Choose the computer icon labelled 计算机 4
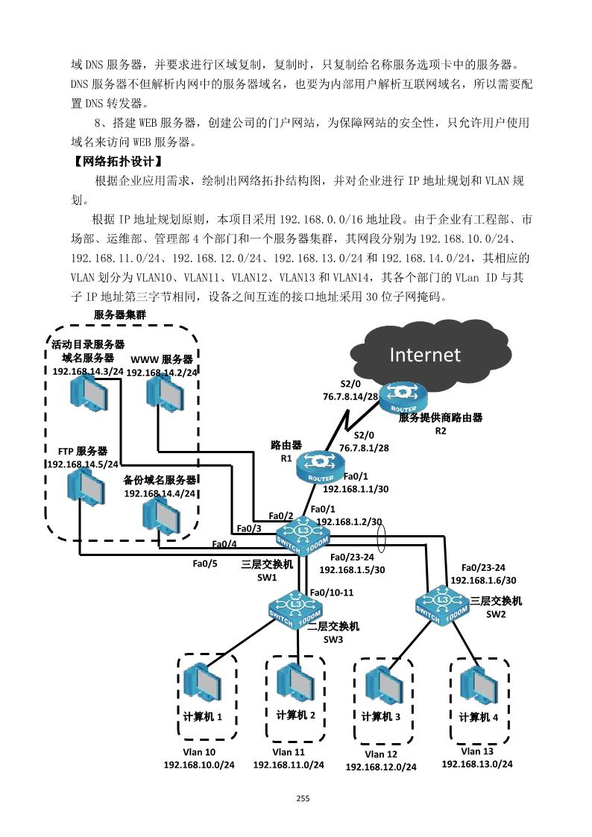coord(478,684)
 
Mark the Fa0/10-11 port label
coord(332,593)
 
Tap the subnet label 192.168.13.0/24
coord(477,764)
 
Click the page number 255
coord(302,798)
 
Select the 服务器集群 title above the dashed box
coord(120,315)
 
